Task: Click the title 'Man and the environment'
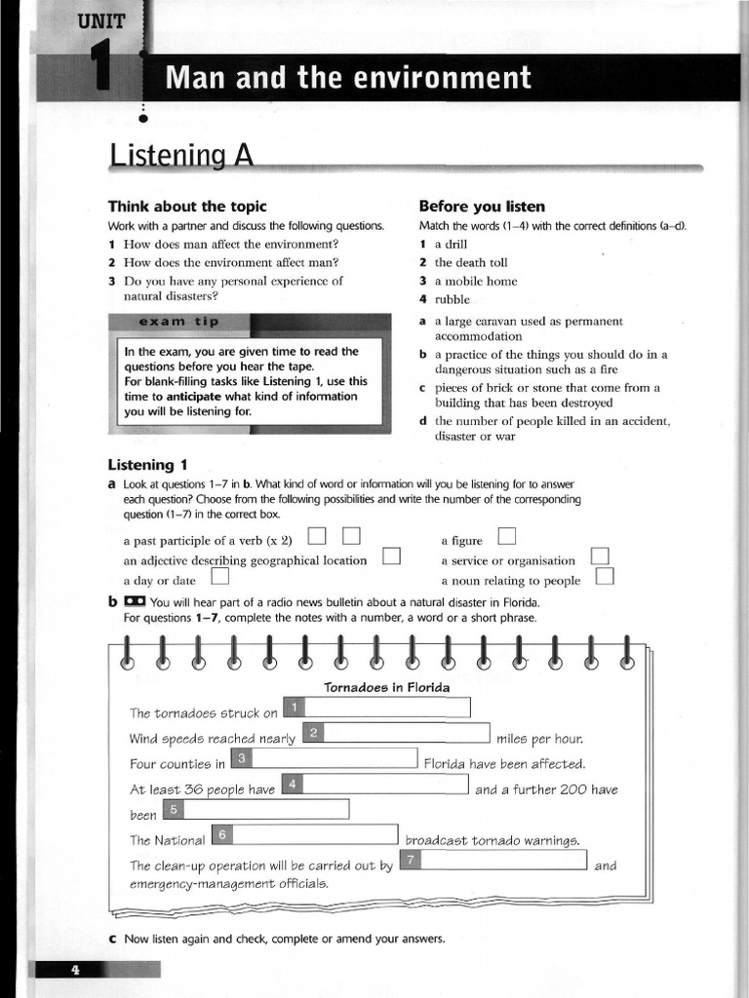(349, 78)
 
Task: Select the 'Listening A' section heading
(181, 155)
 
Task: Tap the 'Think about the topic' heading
(186, 207)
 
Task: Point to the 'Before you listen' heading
(481, 207)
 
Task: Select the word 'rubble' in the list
(452, 299)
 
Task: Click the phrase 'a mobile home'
(475, 281)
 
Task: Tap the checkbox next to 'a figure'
(507, 536)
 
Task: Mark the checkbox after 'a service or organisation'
(600, 557)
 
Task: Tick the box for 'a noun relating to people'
(605, 577)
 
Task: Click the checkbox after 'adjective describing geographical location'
(392, 557)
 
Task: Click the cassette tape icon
(135, 601)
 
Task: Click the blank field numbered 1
(386, 708)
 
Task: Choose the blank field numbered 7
(503, 861)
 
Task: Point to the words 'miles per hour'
(539, 738)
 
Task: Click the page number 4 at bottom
(74, 969)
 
